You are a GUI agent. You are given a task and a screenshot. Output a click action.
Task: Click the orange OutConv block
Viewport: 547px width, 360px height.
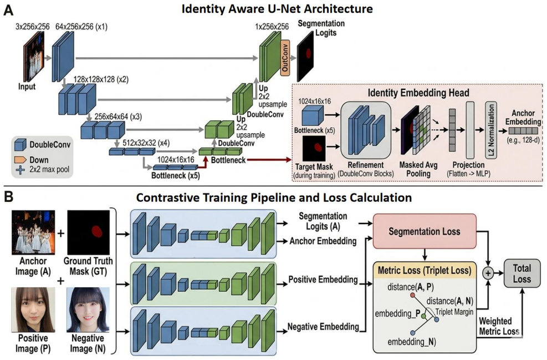pos(285,57)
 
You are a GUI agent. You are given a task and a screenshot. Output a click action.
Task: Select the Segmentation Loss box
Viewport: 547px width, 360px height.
pos(425,231)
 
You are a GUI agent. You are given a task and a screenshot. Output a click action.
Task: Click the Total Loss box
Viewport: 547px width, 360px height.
pos(522,274)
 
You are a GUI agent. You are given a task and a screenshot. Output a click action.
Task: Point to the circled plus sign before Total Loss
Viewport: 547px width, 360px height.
pos(488,273)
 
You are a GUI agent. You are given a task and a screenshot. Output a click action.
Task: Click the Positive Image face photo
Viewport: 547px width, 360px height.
pos(33,310)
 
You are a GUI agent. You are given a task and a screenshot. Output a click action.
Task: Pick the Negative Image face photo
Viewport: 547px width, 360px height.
pos(88,310)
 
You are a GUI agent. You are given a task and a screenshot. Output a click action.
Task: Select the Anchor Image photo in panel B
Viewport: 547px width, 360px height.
pos(33,232)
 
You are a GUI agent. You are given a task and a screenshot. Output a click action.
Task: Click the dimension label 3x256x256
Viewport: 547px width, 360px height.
pos(33,27)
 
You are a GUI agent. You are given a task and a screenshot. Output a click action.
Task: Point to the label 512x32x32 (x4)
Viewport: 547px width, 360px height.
pos(146,143)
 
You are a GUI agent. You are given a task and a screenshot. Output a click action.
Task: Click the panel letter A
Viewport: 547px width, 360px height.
pos(8,10)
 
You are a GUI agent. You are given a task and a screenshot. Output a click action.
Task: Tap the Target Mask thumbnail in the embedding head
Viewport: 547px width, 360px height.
pos(314,149)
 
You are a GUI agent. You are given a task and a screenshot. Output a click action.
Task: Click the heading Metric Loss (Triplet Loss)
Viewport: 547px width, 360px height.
pos(425,270)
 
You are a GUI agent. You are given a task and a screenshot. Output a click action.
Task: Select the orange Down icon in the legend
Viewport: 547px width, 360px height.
pos(21,160)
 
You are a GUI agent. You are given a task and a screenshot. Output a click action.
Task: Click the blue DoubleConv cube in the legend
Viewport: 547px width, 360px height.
pos(21,145)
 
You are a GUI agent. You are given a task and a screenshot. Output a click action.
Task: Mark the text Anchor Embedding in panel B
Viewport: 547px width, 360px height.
pos(323,241)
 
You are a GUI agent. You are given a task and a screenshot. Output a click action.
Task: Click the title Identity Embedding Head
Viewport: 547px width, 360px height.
pos(418,93)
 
